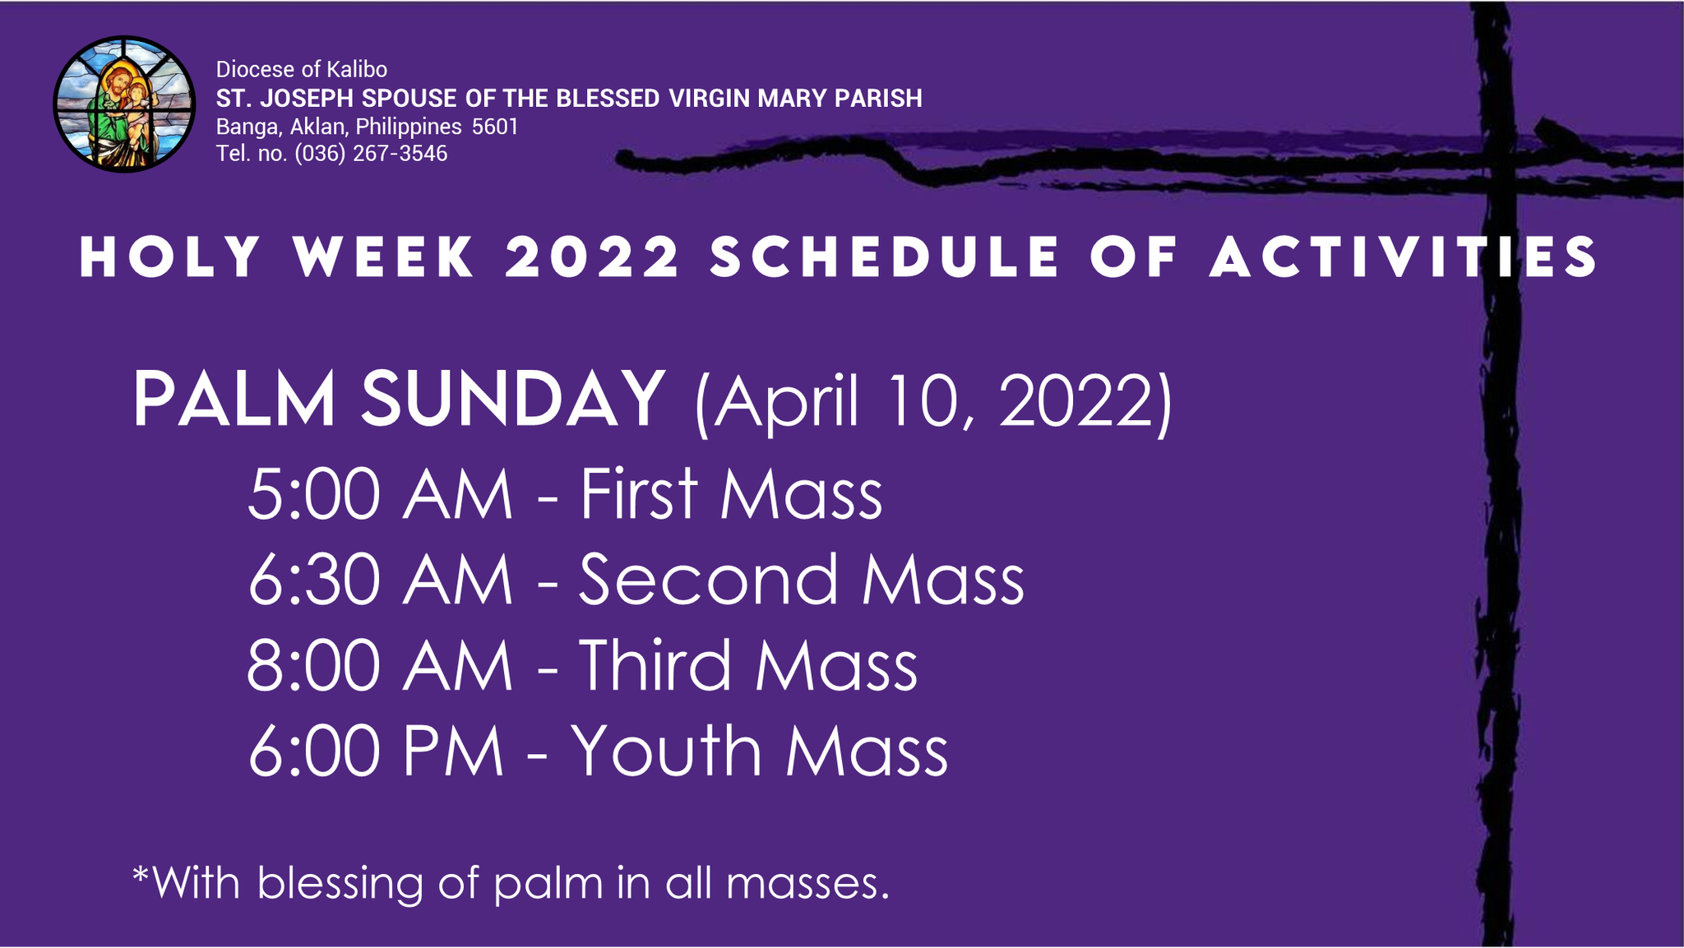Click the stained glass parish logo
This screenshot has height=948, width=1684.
coord(124,104)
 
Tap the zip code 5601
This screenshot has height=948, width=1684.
coord(495,127)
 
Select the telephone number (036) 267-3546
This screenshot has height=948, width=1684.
coord(371,154)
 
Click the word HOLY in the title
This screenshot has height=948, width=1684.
coord(170,257)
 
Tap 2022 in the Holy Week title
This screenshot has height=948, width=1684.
coord(593,257)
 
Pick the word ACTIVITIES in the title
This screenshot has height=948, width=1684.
coord(1404,257)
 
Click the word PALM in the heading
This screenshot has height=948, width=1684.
coord(234,400)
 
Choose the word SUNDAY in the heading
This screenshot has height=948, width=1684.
coord(512,400)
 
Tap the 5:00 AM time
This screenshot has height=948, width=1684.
coord(380,495)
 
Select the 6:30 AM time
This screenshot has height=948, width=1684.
coord(380,580)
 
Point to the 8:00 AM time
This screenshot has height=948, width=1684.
coord(380,666)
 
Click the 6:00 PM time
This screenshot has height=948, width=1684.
coord(376,751)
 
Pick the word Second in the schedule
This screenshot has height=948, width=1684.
coord(710,580)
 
